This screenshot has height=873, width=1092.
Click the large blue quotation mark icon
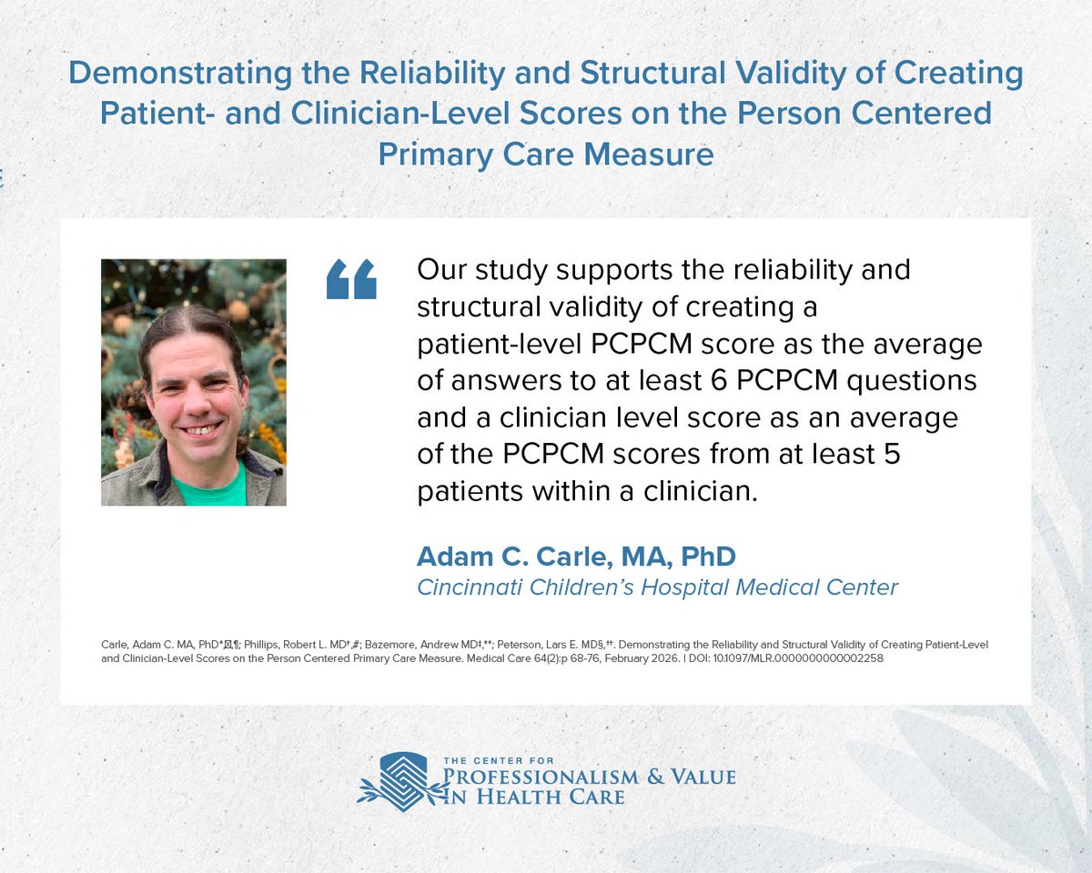(351, 279)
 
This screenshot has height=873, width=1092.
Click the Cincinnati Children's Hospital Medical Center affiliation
(657, 587)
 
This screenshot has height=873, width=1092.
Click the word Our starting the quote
(442, 271)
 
